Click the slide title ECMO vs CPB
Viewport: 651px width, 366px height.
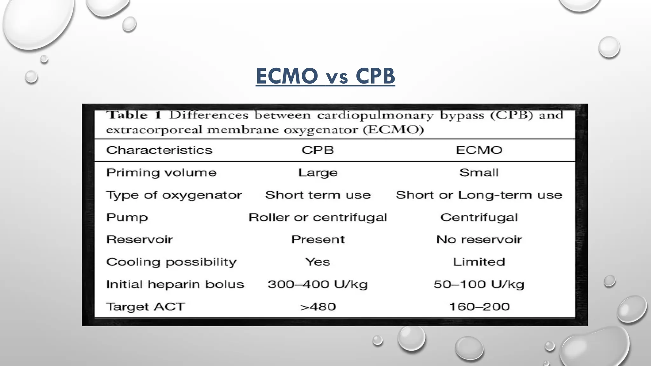point(325,76)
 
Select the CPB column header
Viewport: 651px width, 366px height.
point(318,150)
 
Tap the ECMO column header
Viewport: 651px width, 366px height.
point(479,150)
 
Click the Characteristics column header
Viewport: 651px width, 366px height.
point(159,150)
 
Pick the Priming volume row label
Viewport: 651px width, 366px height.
point(161,173)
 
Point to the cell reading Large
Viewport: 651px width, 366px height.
point(318,173)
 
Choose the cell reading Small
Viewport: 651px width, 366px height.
point(479,173)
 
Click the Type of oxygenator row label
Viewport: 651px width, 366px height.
point(174,195)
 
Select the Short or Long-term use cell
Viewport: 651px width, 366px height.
point(479,195)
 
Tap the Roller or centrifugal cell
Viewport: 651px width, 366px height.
point(318,217)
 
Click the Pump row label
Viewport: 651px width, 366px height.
point(127,217)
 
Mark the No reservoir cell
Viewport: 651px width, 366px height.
point(479,240)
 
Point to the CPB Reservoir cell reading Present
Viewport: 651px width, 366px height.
point(318,240)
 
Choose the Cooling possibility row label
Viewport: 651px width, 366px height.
point(171,262)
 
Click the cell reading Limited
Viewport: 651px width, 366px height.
point(479,262)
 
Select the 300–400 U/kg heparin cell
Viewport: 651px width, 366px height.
point(318,284)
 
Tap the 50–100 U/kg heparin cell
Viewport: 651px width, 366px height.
point(479,284)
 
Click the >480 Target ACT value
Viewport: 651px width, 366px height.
point(318,307)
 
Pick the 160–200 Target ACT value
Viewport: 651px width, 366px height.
point(479,307)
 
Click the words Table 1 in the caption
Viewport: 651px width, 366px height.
point(134,115)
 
